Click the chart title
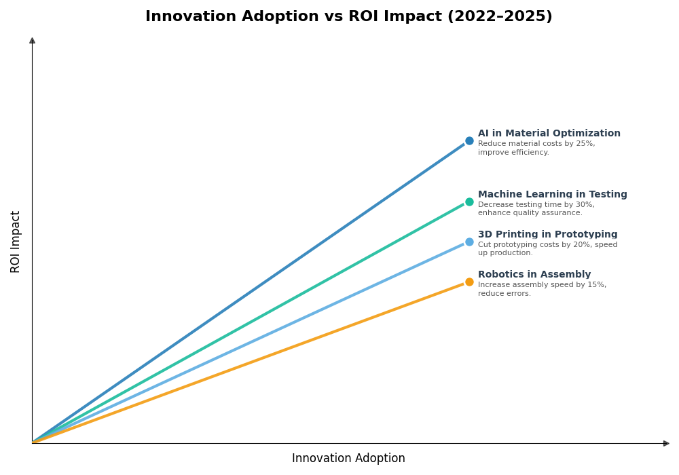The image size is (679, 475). point(348,17)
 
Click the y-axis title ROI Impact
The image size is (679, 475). point(16,242)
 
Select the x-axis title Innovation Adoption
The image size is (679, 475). point(348,459)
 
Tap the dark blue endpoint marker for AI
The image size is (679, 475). point(469,141)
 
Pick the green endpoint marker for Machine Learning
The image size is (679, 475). point(469,202)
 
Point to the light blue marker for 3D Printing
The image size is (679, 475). point(469,242)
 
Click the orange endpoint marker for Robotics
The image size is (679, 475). point(469,282)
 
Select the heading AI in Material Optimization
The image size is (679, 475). point(549,134)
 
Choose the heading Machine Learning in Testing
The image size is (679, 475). point(552,195)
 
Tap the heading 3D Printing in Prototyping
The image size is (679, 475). point(547,235)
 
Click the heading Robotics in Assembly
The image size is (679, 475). point(534,275)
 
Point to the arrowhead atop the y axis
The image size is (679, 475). point(32,41)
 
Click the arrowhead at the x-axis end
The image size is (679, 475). point(666,443)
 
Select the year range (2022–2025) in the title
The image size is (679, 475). point(500,17)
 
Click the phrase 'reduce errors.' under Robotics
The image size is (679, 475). point(504,294)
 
